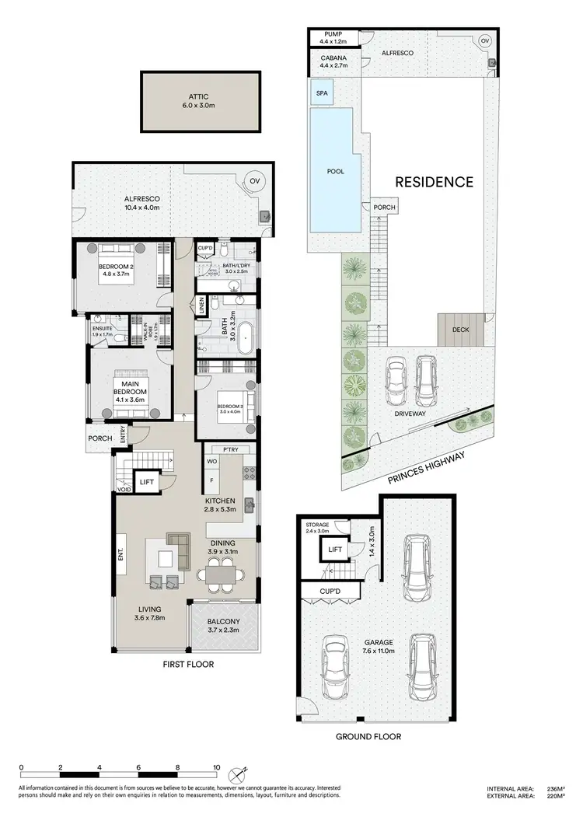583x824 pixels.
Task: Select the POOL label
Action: tap(335, 171)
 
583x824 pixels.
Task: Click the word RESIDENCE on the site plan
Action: tap(434, 182)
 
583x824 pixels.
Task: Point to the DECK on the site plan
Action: tap(461, 330)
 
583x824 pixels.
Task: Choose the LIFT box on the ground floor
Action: tap(335, 550)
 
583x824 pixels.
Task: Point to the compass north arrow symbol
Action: tap(239, 774)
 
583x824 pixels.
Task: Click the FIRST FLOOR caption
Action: tap(188, 665)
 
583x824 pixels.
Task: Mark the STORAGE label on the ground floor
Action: tap(317, 525)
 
